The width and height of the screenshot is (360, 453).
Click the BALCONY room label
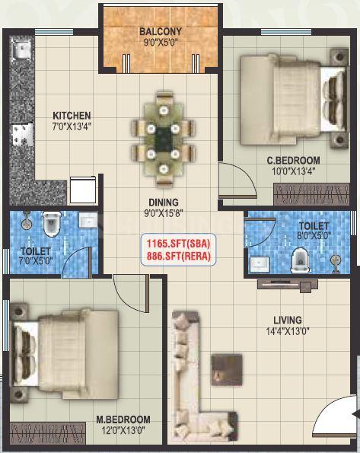tap(161, 31)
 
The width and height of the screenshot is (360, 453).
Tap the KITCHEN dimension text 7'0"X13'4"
tap(72, 126)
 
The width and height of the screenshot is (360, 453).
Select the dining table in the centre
tap(164, 140)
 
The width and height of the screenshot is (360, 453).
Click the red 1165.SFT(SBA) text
tap(178, 244)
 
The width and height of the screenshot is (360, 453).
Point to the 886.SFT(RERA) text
tap(178, 257)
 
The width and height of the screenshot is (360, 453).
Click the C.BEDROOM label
tap(293, 160)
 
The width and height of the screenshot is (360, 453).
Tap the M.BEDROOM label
tap(123, 420)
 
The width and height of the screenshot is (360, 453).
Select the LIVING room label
tap(288, 320)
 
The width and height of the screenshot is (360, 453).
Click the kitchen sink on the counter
tap(21, 49)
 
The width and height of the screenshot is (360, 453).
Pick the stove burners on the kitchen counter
tap(22, 135)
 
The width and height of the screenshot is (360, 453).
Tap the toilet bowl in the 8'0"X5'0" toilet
tap(300, 261)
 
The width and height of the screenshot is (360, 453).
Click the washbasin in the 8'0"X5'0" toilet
tap(260, 264)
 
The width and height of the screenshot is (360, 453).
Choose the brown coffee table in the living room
tap(227, 370)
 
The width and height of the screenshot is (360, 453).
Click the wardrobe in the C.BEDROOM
tap(311, 194)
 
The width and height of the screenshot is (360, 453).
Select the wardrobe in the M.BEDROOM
tap(48, 433)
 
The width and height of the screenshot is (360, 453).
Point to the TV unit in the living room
tap(288, 285)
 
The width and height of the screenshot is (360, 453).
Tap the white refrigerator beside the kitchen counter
tap(83, 190)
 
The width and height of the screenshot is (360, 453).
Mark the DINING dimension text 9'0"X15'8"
tap(164, 213)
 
